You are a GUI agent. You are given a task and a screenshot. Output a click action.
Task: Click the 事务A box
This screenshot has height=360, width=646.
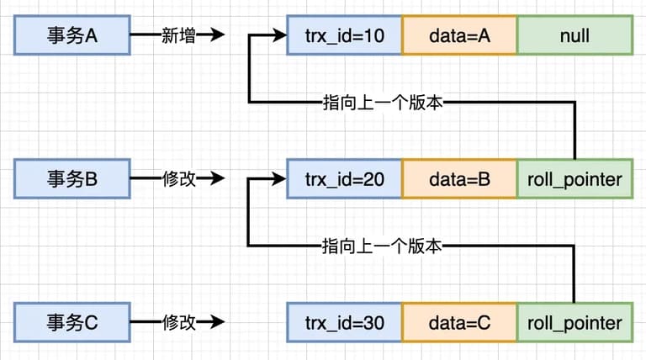tap(72, 35)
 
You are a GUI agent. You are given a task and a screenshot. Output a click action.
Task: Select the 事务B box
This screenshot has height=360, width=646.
tap(72, 179)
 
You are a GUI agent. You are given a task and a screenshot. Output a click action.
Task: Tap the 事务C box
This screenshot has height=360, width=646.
tap(72, 322)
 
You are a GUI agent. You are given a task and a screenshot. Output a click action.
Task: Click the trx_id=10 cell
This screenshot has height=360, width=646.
tap(344, 35)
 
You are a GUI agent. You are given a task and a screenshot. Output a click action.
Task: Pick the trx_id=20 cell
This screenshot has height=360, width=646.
tap(344, 179)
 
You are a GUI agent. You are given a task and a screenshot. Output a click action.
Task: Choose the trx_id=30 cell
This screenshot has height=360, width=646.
tap(344, 322)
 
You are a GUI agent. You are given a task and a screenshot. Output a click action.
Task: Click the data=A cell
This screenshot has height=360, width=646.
tap(459, 35)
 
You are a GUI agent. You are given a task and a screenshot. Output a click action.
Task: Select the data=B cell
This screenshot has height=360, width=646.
tap(459, 179)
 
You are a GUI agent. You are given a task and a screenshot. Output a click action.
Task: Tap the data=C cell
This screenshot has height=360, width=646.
tap(459, 322)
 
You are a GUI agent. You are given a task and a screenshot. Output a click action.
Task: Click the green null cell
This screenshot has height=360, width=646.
tap(575, 35)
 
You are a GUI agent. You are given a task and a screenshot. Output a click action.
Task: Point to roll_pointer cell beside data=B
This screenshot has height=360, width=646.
tap(575, 179)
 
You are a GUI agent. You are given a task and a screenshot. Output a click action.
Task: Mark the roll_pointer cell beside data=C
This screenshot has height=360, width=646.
tap(575, 322)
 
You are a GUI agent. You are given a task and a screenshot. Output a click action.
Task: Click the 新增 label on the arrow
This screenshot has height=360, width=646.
tap(178, 35)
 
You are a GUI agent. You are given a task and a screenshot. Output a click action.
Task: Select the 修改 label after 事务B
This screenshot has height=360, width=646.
tap(178, 179)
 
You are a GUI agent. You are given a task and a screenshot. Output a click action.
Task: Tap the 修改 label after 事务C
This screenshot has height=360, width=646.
tap(178, 322)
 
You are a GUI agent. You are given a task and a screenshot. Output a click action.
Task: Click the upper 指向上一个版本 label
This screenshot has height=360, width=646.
tap(383, 103)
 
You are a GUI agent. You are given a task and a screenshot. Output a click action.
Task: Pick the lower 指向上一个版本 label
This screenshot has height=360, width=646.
tap(382, 246)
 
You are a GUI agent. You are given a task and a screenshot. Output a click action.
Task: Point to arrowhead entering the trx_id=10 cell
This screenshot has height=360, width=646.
tap(278, 34)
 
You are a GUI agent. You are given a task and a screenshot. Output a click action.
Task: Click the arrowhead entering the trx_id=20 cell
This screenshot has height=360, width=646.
tap(278, 178)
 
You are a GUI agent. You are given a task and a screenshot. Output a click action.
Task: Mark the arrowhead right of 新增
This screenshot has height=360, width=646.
tap(216, 34)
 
